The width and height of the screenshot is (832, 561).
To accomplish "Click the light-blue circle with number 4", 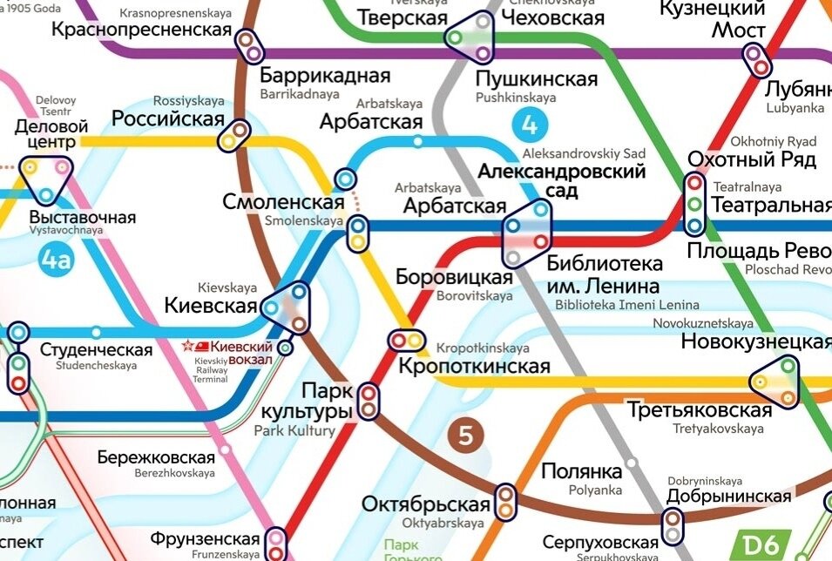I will click(529, 125).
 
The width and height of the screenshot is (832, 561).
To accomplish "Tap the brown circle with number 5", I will click(464, 435).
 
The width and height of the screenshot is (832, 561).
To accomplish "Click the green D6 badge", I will click(759, 544).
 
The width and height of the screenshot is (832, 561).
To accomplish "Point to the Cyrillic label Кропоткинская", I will click(475, 366).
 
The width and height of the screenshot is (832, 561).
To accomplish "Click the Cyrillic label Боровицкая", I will click(453, 277).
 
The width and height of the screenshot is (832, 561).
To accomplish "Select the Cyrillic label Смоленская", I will click(283, 202).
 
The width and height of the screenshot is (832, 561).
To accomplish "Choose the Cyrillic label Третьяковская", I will click(700, 410).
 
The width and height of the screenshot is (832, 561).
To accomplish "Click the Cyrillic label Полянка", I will click(582, 471).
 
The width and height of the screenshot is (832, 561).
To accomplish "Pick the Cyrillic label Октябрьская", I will click(426, 505).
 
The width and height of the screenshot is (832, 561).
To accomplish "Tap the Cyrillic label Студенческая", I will click(97, 350).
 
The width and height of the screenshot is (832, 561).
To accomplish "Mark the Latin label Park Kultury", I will click(294, 430).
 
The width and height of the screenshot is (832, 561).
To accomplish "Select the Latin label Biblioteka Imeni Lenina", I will click(627, 305).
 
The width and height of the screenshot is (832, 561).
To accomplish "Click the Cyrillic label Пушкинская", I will click(537, 79).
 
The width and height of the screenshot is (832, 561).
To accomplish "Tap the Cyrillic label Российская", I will click(168, 118).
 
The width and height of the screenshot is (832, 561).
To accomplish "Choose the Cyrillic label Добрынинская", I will click(729, 497).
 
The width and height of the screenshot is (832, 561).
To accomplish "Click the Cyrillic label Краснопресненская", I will click(142, 30).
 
